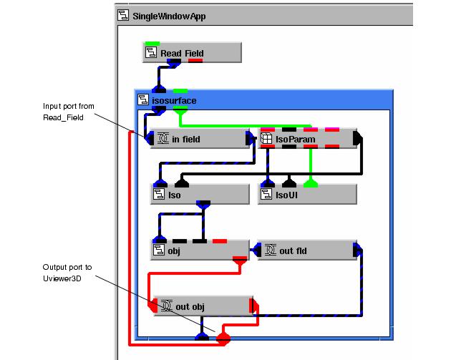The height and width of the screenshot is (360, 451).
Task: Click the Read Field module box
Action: pyautogui.click(x=192, y=53)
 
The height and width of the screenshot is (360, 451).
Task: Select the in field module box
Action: pyautogui.click(x=198, y=139)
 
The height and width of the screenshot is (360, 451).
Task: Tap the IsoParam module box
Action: pyautogui.click(x=306, y=139)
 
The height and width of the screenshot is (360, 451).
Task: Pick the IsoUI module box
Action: pyautogui.click(x=306, y=194)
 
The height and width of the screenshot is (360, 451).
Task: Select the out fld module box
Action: pyautogui.click(x=306, y=250)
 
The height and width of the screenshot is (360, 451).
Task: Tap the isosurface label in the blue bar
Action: pyautogui.click(x=172, y=100)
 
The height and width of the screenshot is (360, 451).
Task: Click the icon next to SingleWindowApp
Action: pyautogui.click(x=123, y=15)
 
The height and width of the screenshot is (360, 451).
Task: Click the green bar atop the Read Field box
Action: pyautogui.click(x=152, y=44)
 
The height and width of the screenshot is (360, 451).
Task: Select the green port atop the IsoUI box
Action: pyautogui.click(x=309, y=181)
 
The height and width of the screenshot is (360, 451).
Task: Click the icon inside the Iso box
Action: pyautogui.click(x=158, y=194)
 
